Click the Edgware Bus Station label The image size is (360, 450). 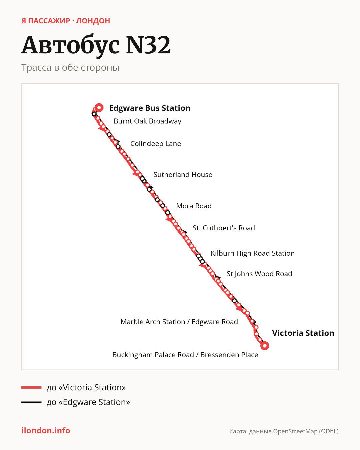click(150, 108)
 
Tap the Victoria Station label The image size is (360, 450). click(303, 333)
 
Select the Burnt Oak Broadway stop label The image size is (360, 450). click(147, 121)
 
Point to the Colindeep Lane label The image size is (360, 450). click(156, 144)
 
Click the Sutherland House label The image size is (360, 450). click(183, 175)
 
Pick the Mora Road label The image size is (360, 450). click(194, 206)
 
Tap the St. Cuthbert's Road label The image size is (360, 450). click(224, 228)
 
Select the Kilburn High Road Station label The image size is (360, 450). click(253, 253)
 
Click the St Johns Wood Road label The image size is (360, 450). click(259, 274)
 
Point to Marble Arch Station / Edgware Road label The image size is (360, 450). click(179, 322)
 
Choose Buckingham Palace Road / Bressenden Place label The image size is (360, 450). click(185, 355)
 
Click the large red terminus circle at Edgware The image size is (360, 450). click(99, 108)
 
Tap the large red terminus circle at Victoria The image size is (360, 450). click(265, 346)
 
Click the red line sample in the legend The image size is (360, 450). click(31, 387)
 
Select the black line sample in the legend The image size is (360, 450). click(31, 402)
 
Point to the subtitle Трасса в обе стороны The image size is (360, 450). click(70, 68)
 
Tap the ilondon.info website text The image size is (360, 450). click(46, 431)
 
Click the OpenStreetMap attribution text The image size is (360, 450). click(284, 431)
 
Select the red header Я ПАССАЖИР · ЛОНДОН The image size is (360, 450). click(66, 21)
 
